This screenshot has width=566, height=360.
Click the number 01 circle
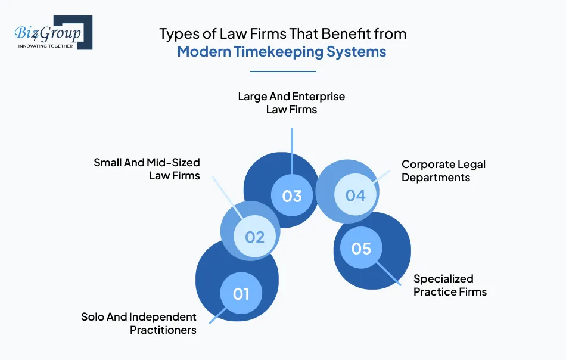(x=241, y=293)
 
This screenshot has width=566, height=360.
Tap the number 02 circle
(x=254, y=237)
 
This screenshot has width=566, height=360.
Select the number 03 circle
(x=292, y=195)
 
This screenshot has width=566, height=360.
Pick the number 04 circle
(x=355, y=195)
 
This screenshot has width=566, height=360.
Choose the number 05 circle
(x=361, y=248)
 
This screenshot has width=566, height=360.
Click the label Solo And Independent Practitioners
(x=139, y=323)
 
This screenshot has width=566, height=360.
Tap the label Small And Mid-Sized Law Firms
(x=147, y=169)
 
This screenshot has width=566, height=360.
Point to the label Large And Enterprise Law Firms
(x=291, y=103)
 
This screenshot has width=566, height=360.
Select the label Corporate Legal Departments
(x=444, y=170)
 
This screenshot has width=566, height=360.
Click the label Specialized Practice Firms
(x=450, y=285)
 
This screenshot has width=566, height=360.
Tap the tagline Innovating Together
(x=45, y=46)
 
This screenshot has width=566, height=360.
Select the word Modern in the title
(x=203, y=52)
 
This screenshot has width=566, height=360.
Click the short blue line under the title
(x=282, y=72)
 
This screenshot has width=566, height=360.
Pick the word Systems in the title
(x=356, y=52)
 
